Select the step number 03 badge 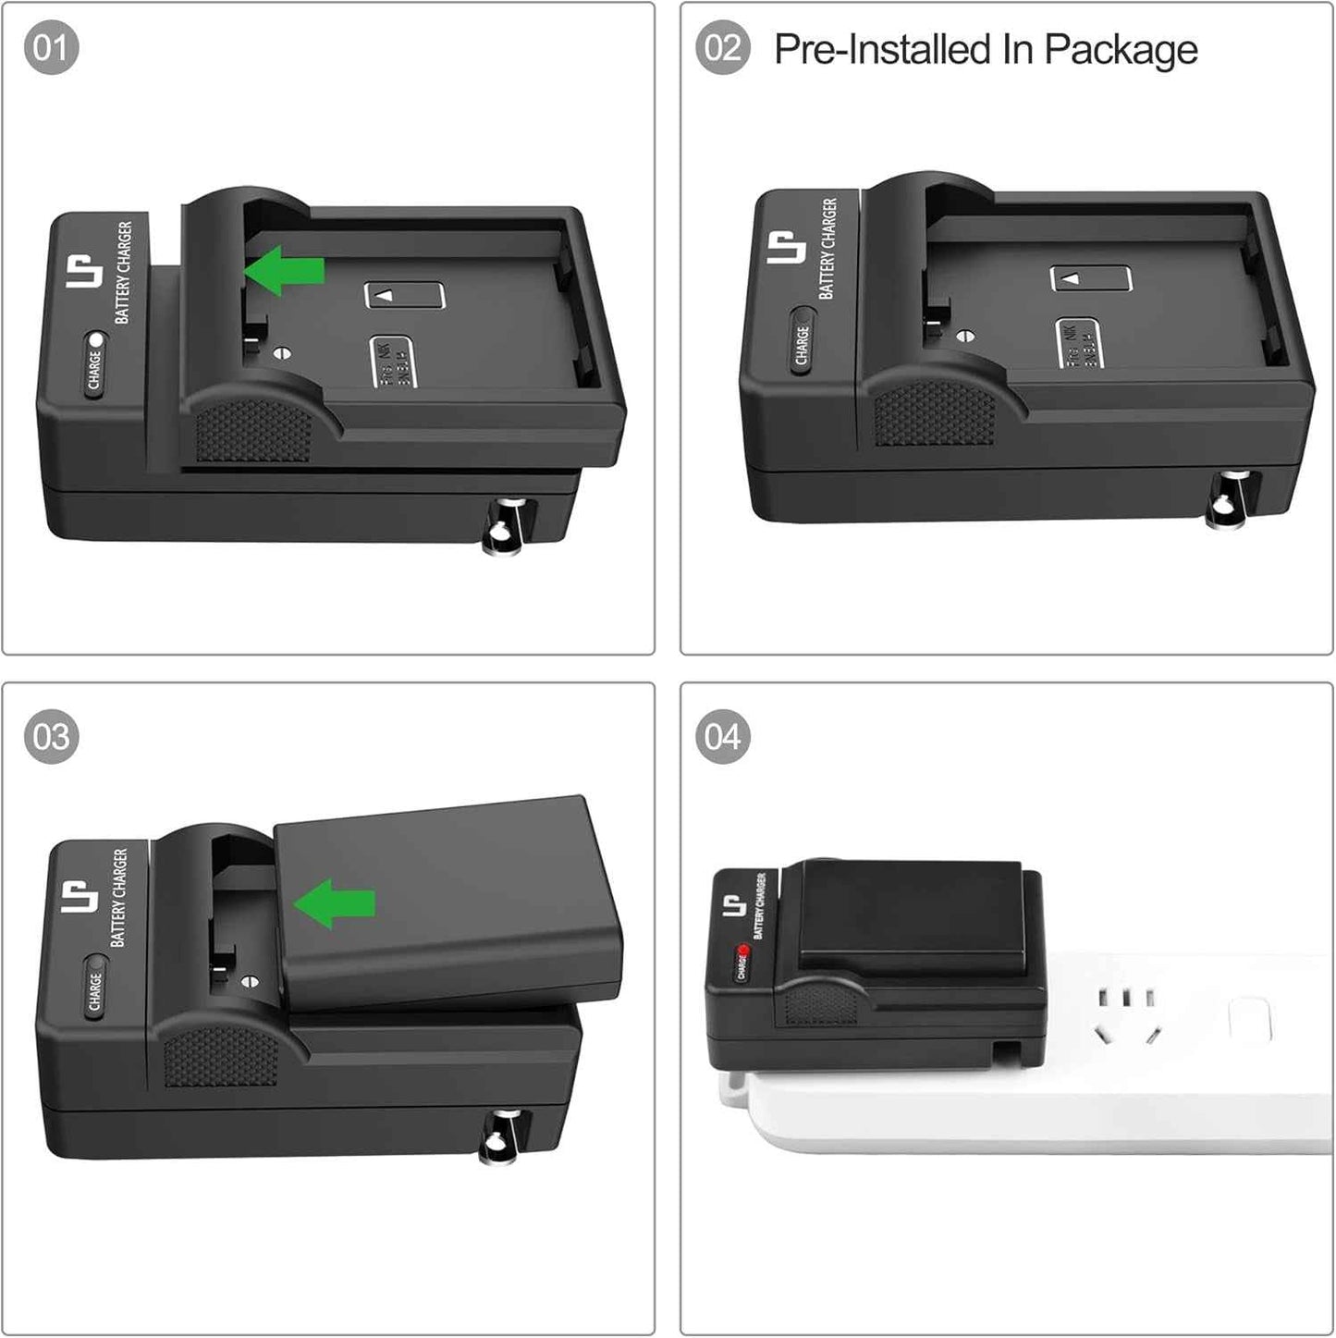[51, 737]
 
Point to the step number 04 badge [722, 737]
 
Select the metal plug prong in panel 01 [507, 526]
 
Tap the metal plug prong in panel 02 [1230, 499]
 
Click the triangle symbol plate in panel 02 [1091, 277]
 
